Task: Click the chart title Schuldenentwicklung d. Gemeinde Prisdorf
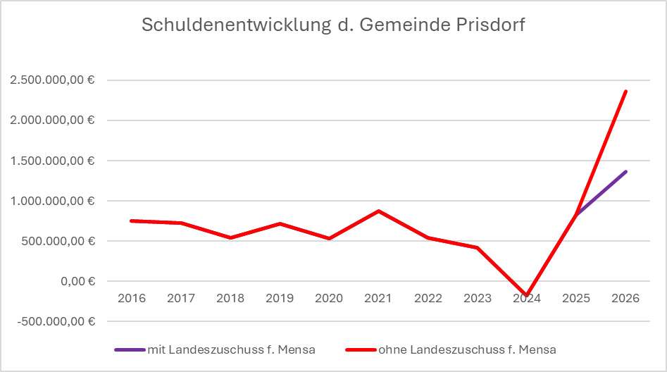(x=333, y=25)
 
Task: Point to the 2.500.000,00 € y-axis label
(x=53, y=80)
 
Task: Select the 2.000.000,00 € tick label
(x=53, y=120)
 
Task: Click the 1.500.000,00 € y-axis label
(x=53, y=161)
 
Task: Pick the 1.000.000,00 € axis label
(x=53, y=201)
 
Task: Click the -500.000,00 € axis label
(x=54, y=321)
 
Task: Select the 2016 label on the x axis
(x=132, y=298)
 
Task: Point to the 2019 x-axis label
(x=280, y=298)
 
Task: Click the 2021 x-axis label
(x=378, y=298)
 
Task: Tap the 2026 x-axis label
(x=625, y=298)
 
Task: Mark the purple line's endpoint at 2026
(x=625, y=171)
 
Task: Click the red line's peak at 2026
(x=625, y=91)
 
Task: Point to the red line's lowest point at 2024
(x=526, y=295)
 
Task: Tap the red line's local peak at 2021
(x=378, y=211)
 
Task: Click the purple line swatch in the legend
(x=128, y=349)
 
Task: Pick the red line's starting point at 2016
(x=132, y=221)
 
